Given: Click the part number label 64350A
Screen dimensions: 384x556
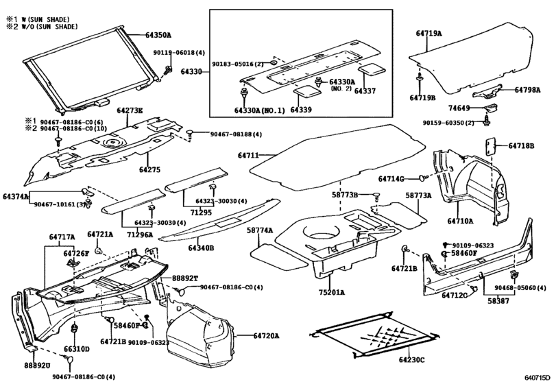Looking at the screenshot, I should [x=158, y=34].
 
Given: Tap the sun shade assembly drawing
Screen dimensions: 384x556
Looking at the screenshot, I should [x=89, y=69].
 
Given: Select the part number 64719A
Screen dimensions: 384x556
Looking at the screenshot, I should [x=429, y=33].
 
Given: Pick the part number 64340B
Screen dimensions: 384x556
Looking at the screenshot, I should [x=202, y=248].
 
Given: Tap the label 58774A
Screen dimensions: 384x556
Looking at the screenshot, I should [x=260, y=230].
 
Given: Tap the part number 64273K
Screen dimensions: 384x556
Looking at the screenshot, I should [x=130, y=110].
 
